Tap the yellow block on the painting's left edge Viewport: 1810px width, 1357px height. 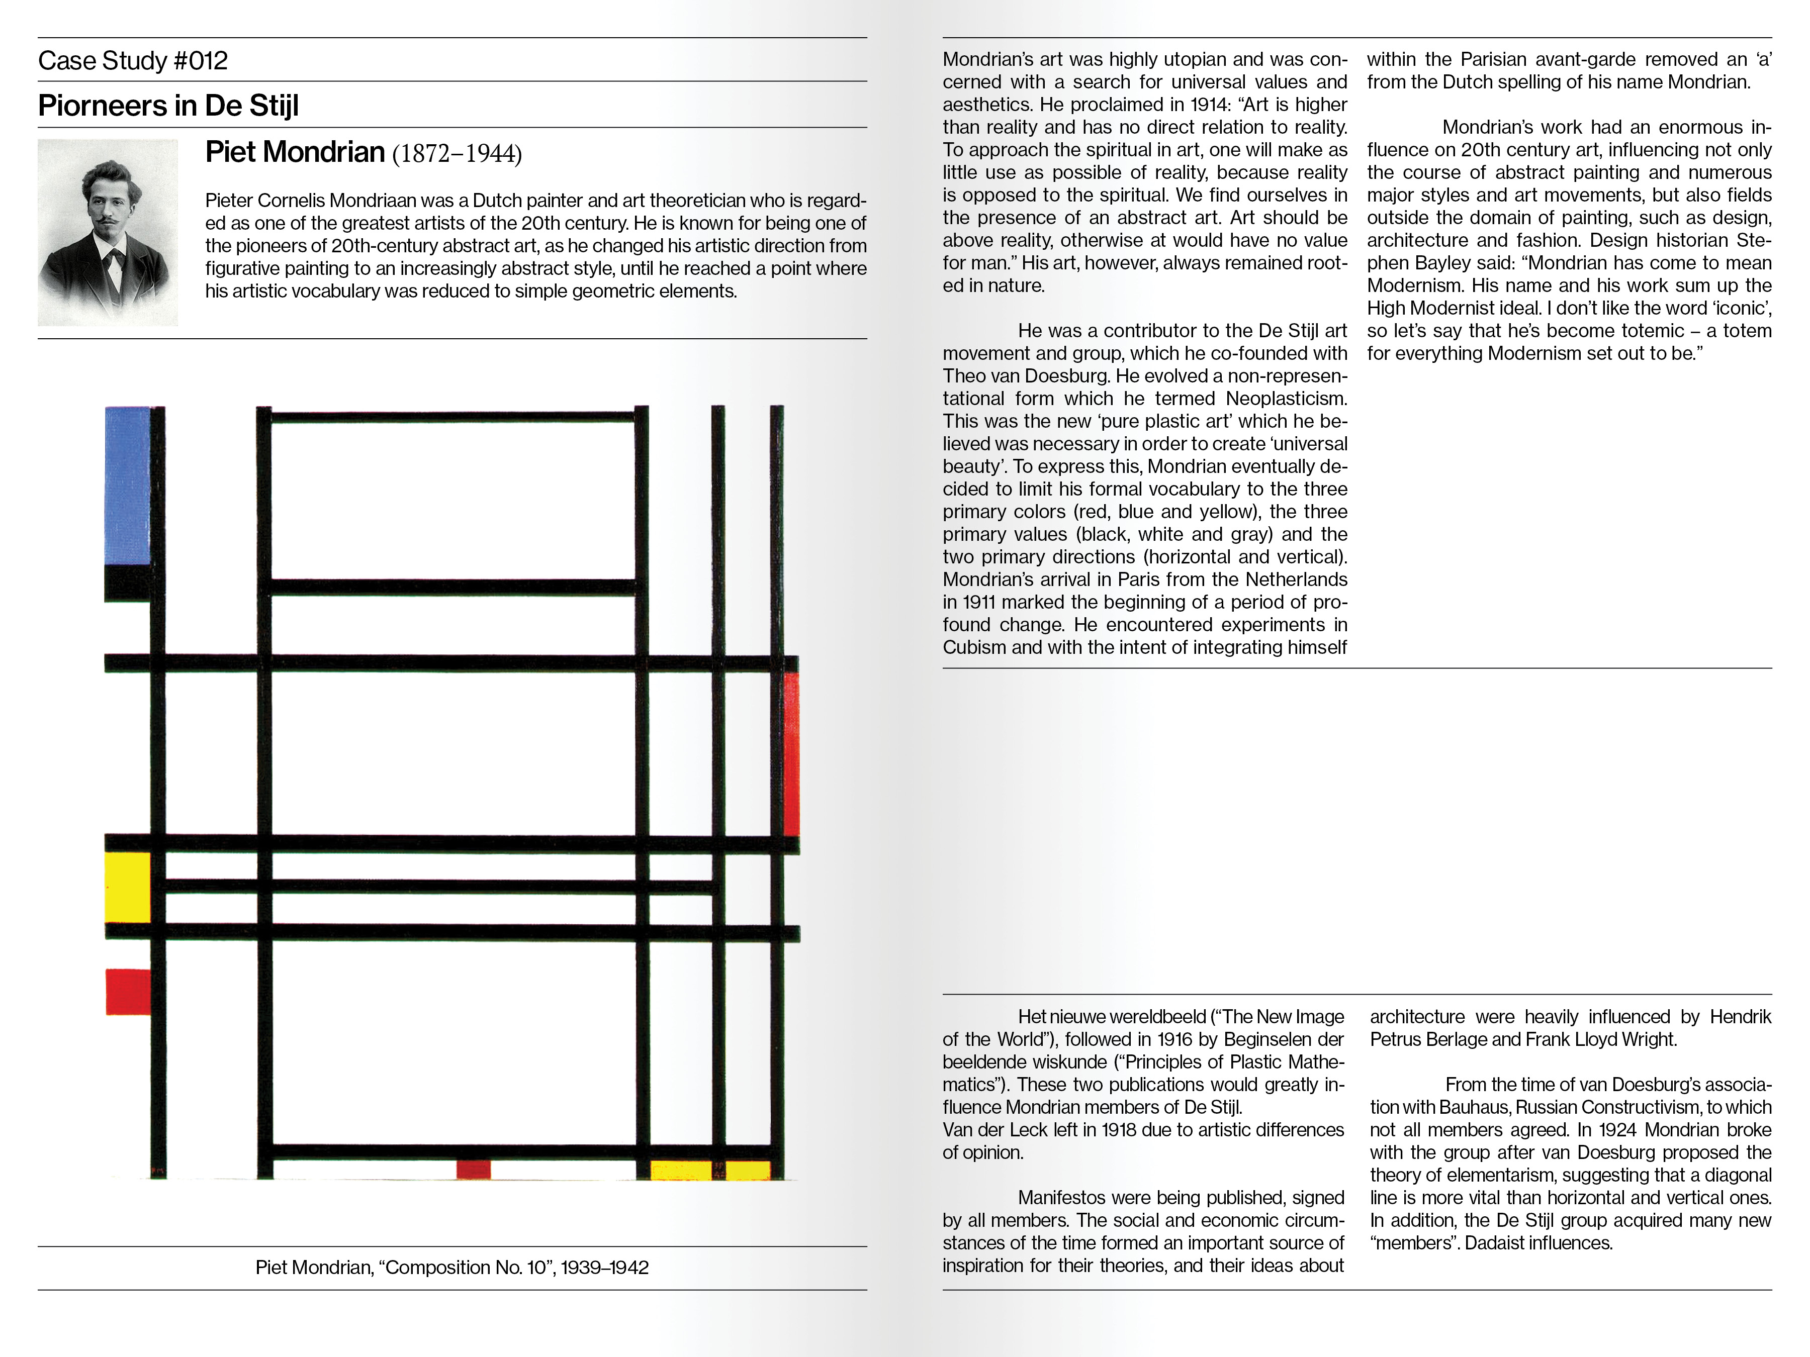[x=128, y=887]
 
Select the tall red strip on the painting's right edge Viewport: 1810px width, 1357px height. [x=791, y=753]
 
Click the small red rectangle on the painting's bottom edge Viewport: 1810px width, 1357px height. [x=473, y=1169]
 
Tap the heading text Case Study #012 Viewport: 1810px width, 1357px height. [x=133, y=60]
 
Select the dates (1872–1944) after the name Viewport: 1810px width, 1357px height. [x=457, y=154]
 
